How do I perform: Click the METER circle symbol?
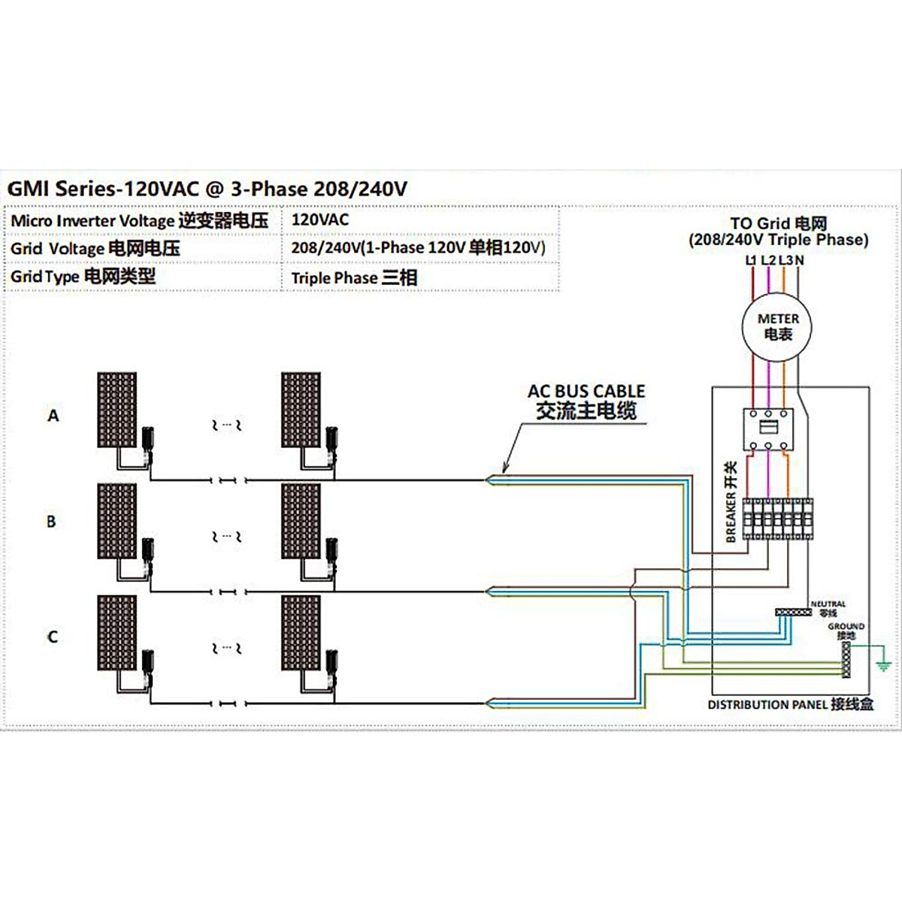click(777, 327)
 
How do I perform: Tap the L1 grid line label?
click(751, 260)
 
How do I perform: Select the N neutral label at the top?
click(799, 260)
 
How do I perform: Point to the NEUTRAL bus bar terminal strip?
click(793, 613)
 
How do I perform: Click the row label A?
click(53, 415)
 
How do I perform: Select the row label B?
click(51, 521)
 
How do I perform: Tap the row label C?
click(52, 637)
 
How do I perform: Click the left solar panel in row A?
click(117, 410)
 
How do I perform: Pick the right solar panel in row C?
click(301, 633)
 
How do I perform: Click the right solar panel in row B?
click(301, 521)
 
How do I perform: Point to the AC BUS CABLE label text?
click(586, 392)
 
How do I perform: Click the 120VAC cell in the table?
click(320, 219)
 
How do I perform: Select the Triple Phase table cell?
click(354, 277)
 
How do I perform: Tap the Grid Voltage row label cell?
click(95, 248)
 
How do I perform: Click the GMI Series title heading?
click(207, 189)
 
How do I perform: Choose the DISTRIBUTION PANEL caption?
click(790, 704)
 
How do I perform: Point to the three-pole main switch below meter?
click(767, 428)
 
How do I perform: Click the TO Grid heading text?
click(778, 223)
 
